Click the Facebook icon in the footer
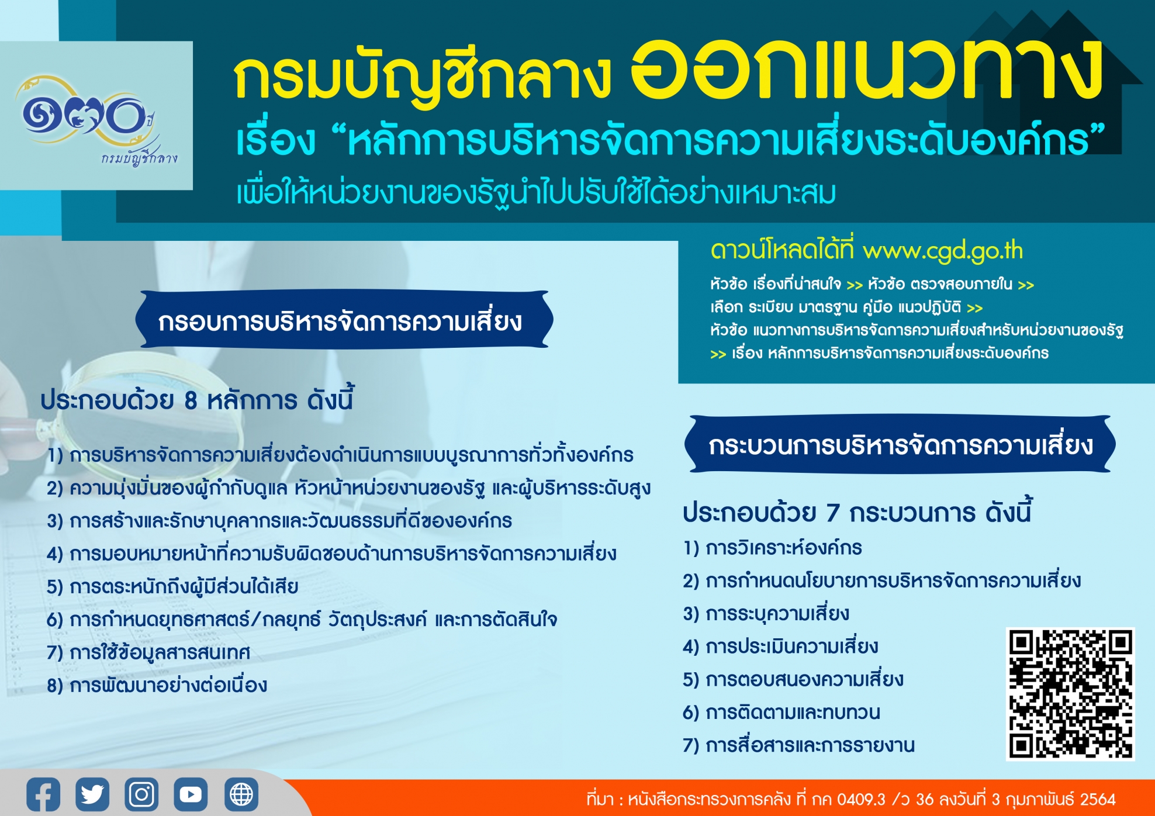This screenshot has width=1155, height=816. click(43, 794)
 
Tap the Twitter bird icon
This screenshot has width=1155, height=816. click(92, 794)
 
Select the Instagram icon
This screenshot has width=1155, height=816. click(141, 794)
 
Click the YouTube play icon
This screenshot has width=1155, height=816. click(191, 794)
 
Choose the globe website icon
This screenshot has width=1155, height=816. click(241, 794)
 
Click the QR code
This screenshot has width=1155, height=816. click(1070, 694)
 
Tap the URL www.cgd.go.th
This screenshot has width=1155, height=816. click(943, 251)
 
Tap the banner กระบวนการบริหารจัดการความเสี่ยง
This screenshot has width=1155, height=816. click(900, 444)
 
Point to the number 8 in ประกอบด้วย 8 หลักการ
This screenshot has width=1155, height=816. click(191, 401)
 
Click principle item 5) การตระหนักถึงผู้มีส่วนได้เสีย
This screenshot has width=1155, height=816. click(172, 586)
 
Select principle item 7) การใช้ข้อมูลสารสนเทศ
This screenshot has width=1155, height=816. click(148, 652)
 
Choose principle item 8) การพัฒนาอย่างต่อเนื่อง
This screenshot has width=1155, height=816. click(157, 684)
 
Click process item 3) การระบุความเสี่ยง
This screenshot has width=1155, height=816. click(766, 613)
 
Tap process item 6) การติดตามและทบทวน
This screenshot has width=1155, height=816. click(781, 712)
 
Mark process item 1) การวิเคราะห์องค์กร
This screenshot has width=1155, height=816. click(772, 548)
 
